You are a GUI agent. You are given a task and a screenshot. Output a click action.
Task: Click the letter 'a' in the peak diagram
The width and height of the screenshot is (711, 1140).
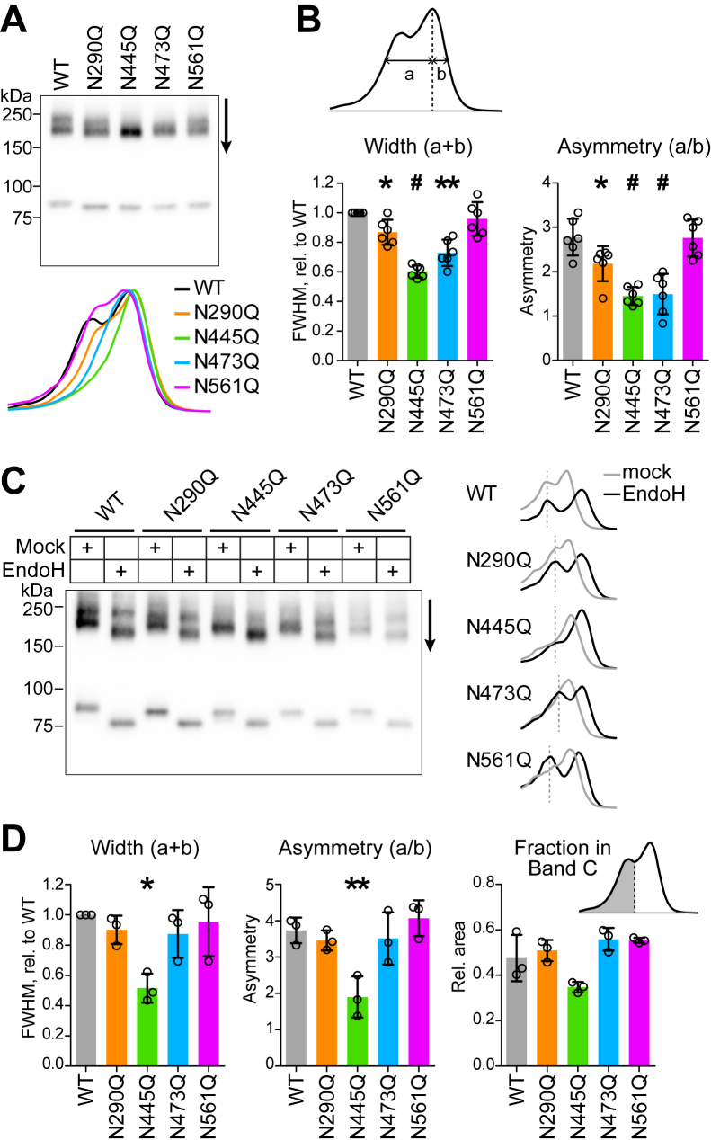(x=409, y=75)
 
